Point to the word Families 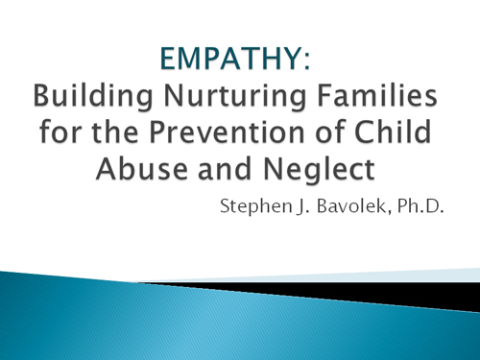[x=377, y=95]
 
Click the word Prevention [x=227, y=132]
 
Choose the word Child [x=393, y=132]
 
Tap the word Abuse [x=142, y=168]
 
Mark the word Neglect [x=319, y=170]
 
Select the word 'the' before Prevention [x=114, y=132]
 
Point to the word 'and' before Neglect [x=224, y=168]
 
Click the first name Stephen [x=255, y=206]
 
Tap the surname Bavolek [x=351, y=205]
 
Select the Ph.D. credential [x=420, y=205]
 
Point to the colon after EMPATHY [x=307, y=60]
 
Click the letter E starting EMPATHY [x=167, y=59]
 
